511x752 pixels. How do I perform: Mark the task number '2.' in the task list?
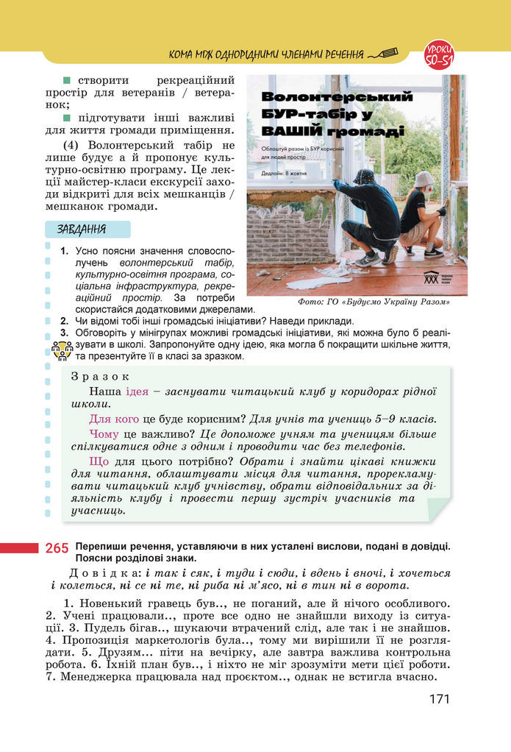point(65,321)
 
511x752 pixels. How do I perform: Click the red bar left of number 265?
point(19,547)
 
